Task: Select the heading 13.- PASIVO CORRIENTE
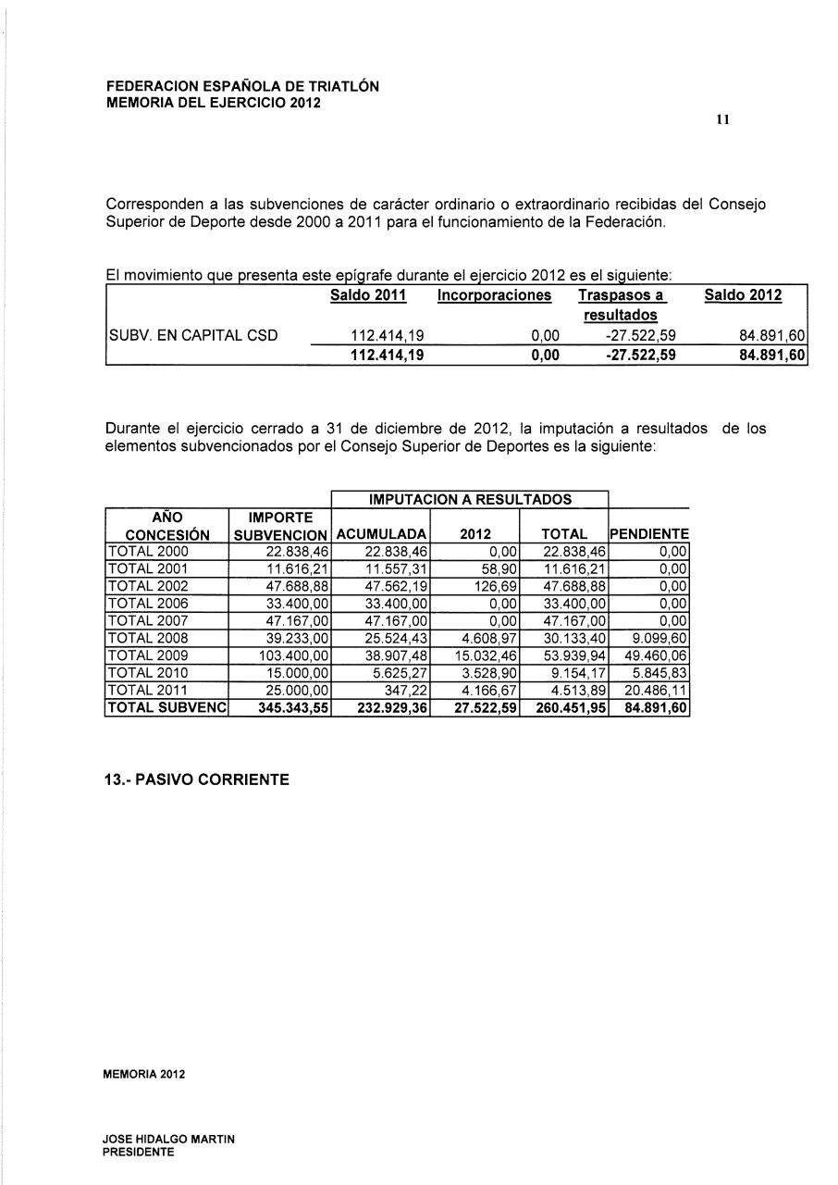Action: click(196, 780)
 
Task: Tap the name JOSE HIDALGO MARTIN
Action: click(169, 1141)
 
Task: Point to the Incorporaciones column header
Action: click(494, 295)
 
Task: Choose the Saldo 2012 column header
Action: click(743, 295)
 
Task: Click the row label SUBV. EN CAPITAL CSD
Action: click(193, 335)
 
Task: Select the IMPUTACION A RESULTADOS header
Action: click(470, 499)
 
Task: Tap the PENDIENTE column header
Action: click(649, 534)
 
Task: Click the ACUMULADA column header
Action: click(381, 534)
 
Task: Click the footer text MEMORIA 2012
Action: click(145, 1075)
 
